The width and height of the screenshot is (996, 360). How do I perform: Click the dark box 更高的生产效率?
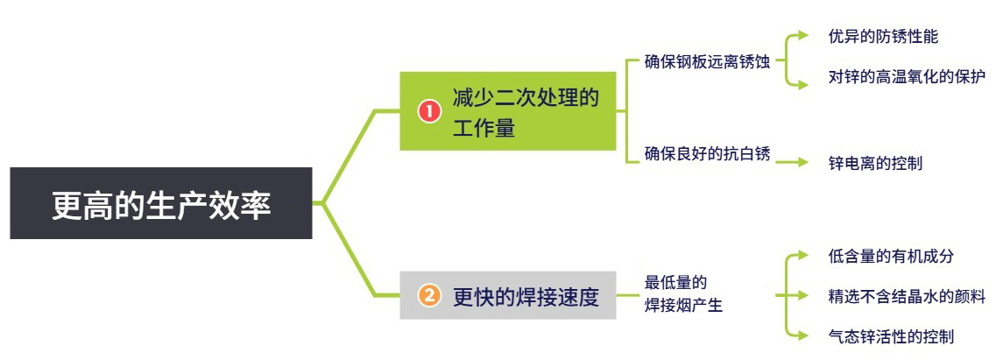tap(160, 203)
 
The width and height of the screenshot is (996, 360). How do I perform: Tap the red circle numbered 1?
tap(429, 112)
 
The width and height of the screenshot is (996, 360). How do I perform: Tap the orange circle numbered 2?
tap(429, 295)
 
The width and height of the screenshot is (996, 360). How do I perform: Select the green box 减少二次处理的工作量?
tap(507, 111)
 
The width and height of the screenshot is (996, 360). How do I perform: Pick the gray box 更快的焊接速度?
tap(507, 295)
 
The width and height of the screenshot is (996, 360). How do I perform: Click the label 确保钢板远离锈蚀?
tap(707, 62)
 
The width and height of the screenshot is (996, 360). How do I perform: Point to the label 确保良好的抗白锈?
tap(707, 154)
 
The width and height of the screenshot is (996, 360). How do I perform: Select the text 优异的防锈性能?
tap(883, 36)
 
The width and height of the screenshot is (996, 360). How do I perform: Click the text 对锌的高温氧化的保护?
tap(907, 77)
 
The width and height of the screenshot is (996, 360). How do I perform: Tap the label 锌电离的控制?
tap(875, 163)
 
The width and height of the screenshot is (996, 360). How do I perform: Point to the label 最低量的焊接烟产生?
tap(683, 294)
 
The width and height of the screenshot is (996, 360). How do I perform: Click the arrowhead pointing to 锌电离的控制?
tap(803, 163)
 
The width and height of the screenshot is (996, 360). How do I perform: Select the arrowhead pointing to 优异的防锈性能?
tap(803, 36)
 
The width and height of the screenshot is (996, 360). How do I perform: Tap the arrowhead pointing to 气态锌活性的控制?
tap(803, 335)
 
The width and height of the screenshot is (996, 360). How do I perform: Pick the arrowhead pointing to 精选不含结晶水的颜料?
tap(803, 295)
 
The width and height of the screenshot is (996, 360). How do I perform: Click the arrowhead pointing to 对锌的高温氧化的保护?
tap(803, 84)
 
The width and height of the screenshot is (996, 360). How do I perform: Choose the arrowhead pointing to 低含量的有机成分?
tap(803, 256)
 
